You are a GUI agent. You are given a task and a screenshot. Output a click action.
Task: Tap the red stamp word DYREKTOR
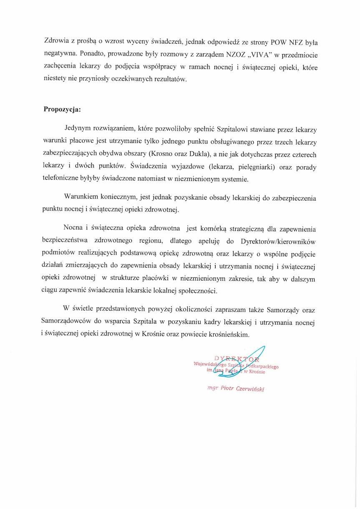coord(236,358)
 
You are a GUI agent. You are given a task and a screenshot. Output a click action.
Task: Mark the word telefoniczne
coord(63,180)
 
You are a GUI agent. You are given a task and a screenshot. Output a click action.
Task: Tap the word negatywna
coord(60,54)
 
